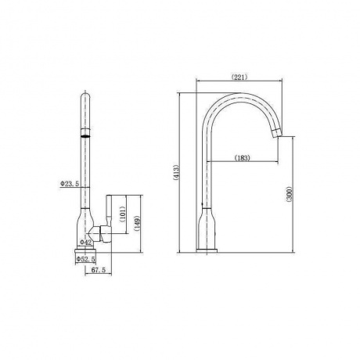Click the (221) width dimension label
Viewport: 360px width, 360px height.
239,77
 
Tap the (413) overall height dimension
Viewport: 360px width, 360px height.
176,172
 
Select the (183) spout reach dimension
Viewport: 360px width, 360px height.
242,158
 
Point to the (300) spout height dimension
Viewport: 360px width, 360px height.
289,193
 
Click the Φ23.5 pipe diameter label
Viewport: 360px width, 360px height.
70,184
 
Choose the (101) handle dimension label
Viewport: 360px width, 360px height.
123,214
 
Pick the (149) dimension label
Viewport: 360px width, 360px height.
137,224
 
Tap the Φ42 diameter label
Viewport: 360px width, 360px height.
85,243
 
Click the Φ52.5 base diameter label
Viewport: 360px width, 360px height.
85,259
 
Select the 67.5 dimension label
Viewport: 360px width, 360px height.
99,270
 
